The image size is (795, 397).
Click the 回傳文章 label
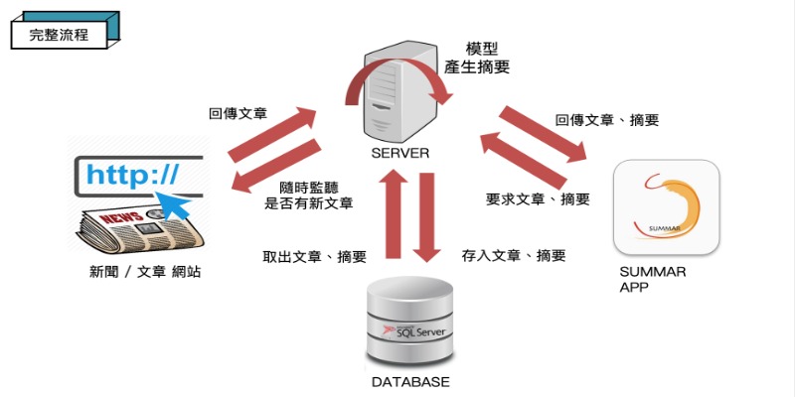(238, 114)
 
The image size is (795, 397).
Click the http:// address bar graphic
(135, 177)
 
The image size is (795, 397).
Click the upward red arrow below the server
(391, 213)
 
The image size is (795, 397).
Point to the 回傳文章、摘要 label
(606, 120)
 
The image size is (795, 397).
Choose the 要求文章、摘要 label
(538, 198)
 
